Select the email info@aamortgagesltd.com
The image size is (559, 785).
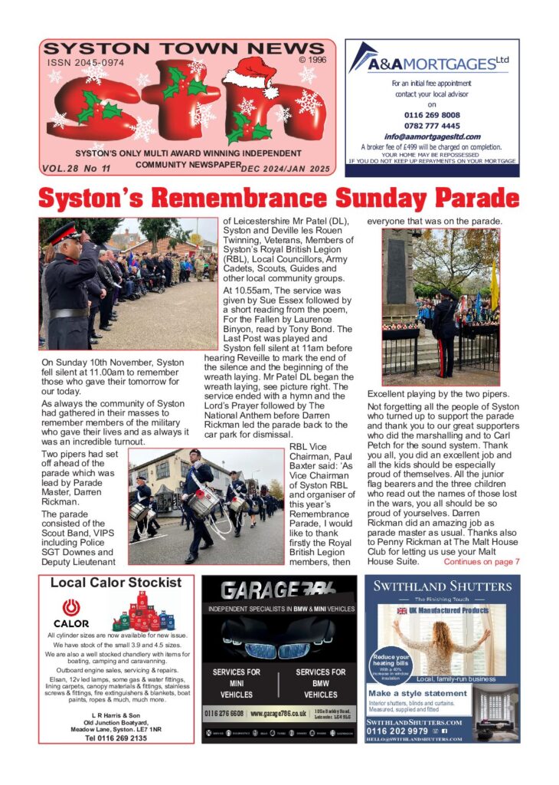tap(432, 136)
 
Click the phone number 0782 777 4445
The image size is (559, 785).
tap(432, 126)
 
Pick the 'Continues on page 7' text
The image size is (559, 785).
tap(482, 562)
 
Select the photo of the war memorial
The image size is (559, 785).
tap(440, 306)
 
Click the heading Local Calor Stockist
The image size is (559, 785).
tap(116, 583)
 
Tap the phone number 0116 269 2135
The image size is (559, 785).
tap(116, 738)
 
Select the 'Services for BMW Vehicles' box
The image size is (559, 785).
tap(320, 683)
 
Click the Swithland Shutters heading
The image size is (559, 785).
tap(441, 587)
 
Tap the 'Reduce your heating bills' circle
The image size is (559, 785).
tap(391, 664)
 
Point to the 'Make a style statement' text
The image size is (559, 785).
tap(417, 693)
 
